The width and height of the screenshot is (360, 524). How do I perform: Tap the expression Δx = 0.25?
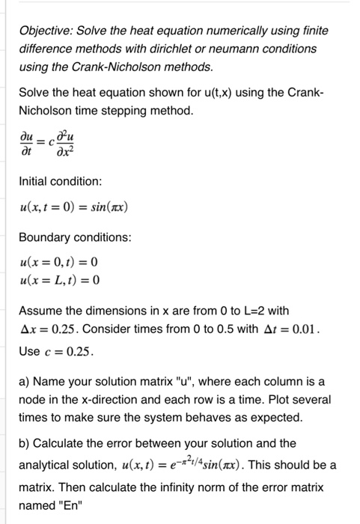point(55,329)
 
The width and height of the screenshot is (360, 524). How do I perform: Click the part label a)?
point(26,381)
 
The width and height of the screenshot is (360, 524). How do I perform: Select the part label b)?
point(26,443)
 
